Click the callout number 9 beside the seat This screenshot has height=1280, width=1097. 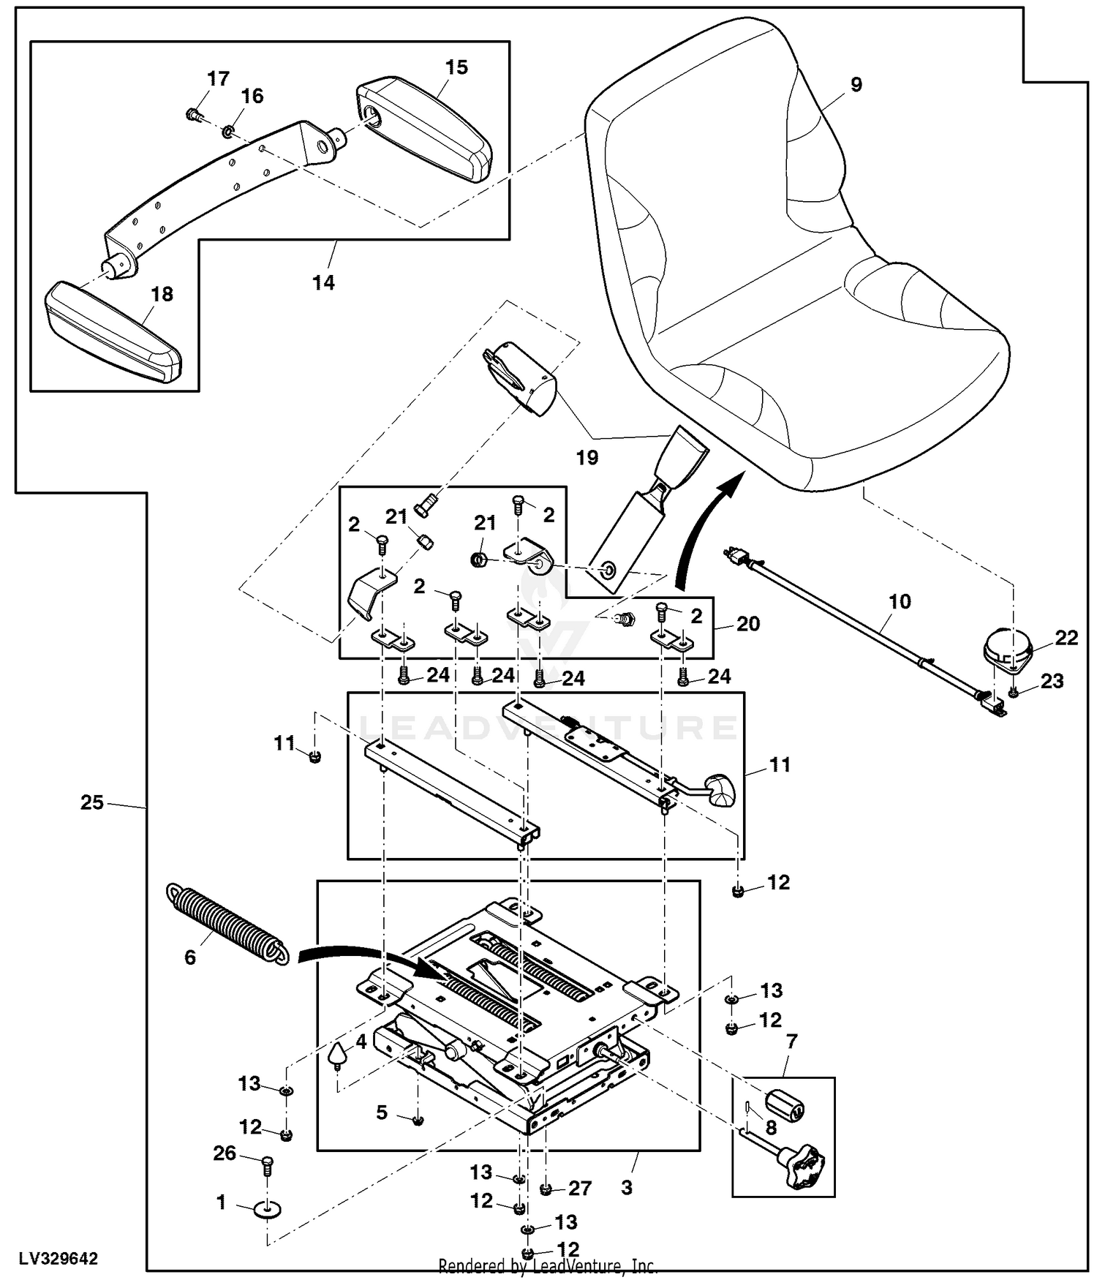(856, 85)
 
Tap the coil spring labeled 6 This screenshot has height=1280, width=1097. (227, 925)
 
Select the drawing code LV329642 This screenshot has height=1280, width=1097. (58, 1259)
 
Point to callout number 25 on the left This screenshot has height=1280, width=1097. (91, 802)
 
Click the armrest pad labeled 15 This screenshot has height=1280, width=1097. (424, 128)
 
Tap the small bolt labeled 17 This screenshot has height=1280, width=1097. (193, 114)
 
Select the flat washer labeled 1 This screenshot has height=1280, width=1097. (267, 1209)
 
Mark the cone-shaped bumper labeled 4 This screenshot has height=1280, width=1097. (337, 1053)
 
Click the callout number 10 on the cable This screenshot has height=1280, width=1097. (900, 602)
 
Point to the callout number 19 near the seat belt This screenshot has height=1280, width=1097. (587, 458)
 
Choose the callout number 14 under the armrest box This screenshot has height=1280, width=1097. (323, 282)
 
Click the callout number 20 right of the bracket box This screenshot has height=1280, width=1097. (748, 624)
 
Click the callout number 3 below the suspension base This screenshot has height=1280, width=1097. (627, 1187)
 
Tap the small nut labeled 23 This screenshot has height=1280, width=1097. (1014, 691)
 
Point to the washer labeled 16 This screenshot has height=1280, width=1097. (228, 131)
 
